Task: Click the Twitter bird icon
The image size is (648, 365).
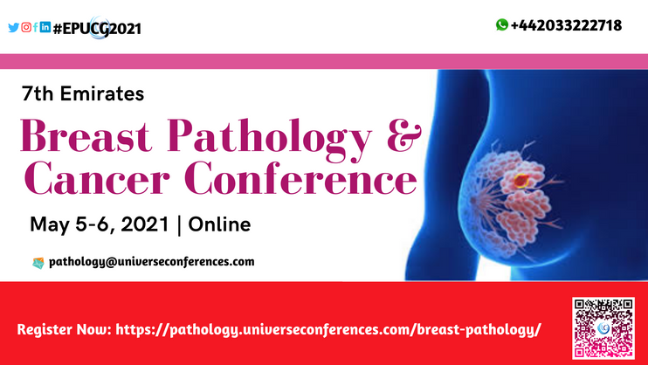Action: tap(14, 27)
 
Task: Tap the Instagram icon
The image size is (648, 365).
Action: tap(26, 27)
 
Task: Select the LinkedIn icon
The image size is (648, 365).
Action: tap(45, 27)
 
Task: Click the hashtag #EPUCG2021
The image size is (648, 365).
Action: tap(98, 29)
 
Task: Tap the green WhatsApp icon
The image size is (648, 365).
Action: tap(502, 24)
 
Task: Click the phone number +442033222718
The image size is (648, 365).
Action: tap(566, 25)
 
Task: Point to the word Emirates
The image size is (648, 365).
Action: tap(102, 93)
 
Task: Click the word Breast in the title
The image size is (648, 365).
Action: tap(86, 135)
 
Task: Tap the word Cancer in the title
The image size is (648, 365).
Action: tap(97, 178)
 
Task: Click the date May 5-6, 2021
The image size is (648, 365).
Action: tap(100, 224)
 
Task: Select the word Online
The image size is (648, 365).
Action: tap(219, 224)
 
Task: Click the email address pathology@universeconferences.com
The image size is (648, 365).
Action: tap(152, 262)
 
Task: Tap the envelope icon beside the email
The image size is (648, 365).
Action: tap(38, 263)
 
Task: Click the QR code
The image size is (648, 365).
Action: tap(603, 328)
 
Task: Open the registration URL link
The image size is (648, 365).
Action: tap(328, 330)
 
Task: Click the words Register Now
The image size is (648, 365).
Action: tap(65, 330)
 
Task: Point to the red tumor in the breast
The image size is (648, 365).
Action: tap(521, 181)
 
